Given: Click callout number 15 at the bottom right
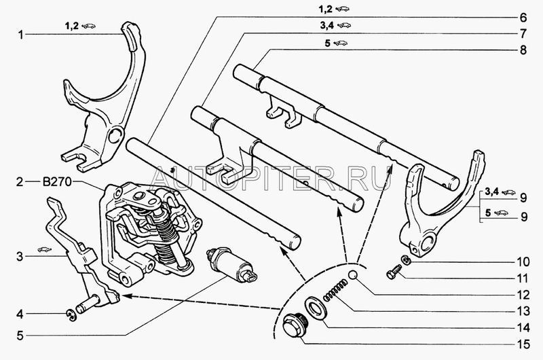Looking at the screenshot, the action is [523, 344].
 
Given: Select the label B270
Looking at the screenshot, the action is [57, 182].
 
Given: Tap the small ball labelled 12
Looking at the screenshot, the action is [352, 275].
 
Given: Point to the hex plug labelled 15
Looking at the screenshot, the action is [293, 325].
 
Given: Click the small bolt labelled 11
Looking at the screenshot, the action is [394, 272].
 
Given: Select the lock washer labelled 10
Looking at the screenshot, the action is [405, 259].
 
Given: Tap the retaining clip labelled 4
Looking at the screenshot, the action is [72, 315].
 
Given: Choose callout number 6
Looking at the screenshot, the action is [523, 18].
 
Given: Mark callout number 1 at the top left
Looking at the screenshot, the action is [21, 35].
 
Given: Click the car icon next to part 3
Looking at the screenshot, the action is [44, 249].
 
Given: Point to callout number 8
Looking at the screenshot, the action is [523, 50].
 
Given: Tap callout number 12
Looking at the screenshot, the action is [523, 295].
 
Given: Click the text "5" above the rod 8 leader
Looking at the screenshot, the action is [328, 43].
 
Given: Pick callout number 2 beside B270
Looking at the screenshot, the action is [20, 182].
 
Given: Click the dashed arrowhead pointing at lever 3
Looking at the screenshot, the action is [125, 296].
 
